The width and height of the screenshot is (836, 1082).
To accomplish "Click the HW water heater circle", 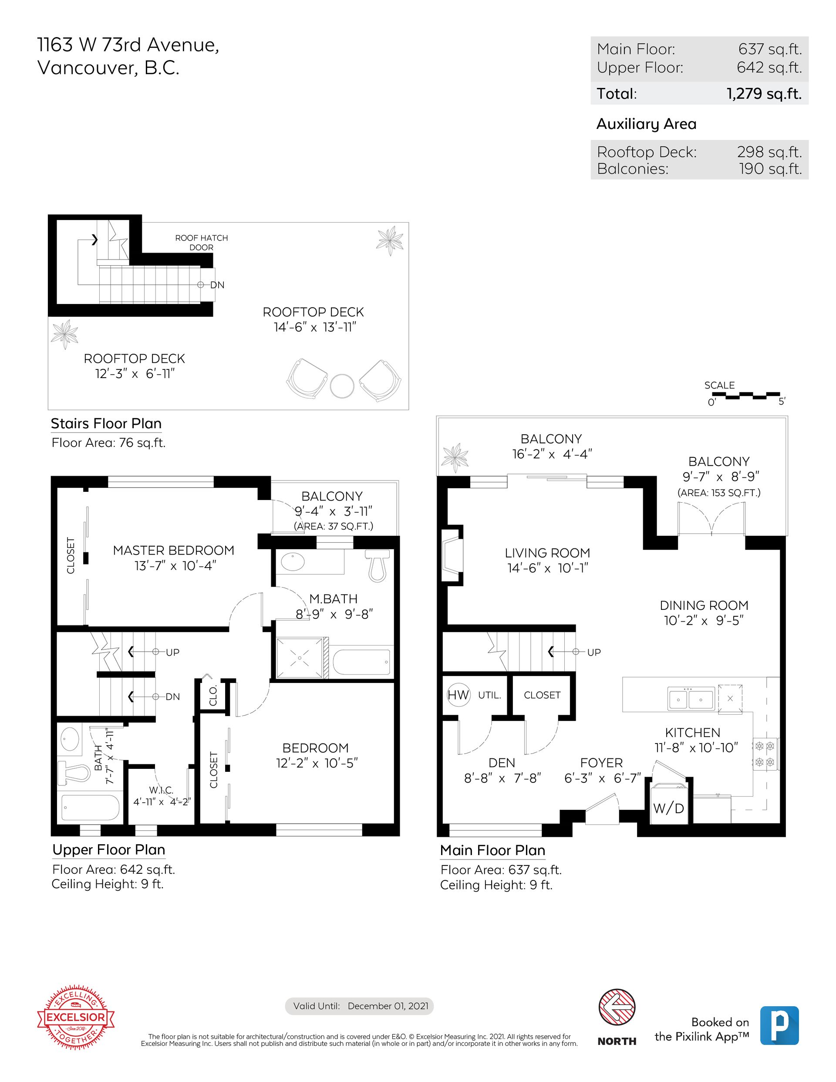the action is click(x=458, y=695).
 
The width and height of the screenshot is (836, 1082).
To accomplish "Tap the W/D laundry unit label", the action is click(x=669, y=808).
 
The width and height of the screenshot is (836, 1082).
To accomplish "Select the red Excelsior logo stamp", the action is click(x=76, y=1017).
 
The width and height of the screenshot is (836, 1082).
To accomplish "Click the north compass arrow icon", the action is click(x=617, y=1007).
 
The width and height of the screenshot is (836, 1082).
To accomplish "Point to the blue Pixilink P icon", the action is click(x=779, y=1025).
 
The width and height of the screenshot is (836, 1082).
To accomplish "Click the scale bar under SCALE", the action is click(x=745, y=396).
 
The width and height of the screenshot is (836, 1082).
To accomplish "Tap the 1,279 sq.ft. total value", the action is click(x=764, y=94).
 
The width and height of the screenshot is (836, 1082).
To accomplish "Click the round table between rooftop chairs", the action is click(x=342, y=385).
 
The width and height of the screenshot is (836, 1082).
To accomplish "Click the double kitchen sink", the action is click(x=691, y=699).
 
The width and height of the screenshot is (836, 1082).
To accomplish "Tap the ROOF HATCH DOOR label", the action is click(x=202, y=242).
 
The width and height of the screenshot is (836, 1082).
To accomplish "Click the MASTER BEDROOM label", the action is click(x=173, y=551).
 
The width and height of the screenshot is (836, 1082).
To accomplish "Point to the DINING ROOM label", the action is click(x=704, y=605).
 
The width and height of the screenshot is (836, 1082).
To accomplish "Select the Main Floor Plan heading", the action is click(x=493, y=850).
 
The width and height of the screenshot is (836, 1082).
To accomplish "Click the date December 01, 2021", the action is click(x=388, y=1006).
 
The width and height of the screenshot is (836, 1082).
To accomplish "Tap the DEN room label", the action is click(x=502, y=763).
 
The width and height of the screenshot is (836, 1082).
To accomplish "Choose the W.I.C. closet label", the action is click(x=162, y=790).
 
